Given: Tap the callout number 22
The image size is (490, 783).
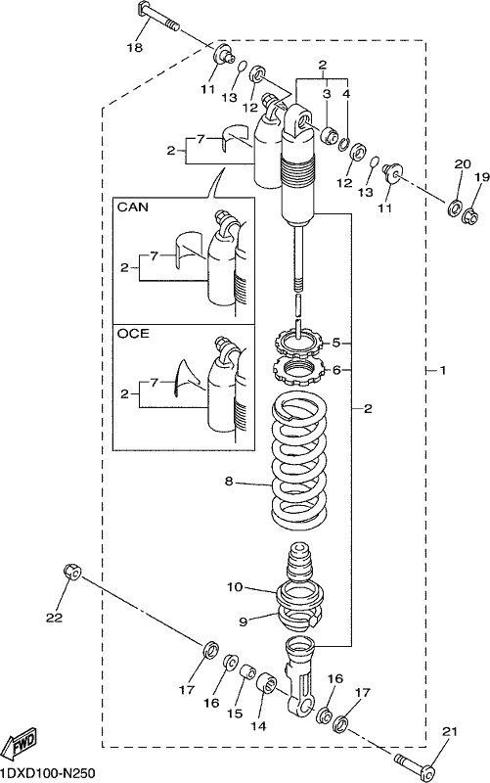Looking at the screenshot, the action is [x=55, y=618].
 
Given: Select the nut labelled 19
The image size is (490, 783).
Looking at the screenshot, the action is [x=470, y=215].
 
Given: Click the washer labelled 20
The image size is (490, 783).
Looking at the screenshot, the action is [x=455, y=207].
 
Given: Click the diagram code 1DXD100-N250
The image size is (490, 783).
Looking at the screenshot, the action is [x=47, y=773].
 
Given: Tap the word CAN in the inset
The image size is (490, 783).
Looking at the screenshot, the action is [x=133, y=207].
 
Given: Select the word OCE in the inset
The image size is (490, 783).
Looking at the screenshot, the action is [x=133, y=333].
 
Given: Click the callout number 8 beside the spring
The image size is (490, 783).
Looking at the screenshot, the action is [x=229, y=482].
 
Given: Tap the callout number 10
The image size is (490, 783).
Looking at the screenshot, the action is [x=235, y=586].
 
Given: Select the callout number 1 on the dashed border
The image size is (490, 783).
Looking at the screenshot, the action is [x=442, y=370].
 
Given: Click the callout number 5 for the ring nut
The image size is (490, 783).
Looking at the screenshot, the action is [x=336, y=344].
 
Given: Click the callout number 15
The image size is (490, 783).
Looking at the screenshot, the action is [x=235, y=714].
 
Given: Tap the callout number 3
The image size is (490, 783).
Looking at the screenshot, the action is [x=327, y=93].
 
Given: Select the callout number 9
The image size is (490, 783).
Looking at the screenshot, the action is [x=243, y=622].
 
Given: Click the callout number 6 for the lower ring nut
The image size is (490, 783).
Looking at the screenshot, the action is [x=336, y=370].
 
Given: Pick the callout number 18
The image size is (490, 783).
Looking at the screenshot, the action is [x=135, y=48].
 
